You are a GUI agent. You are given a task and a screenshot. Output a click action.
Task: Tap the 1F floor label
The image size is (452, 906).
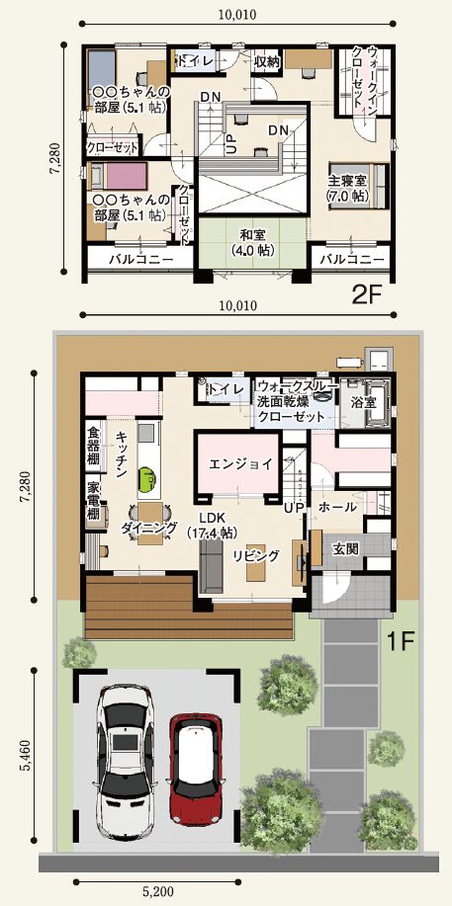click(x=400, y=641)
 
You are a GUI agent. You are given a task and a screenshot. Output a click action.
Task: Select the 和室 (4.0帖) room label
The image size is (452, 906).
click(x=253, y=243)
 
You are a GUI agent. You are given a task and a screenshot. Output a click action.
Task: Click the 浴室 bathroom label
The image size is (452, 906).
click(x=363, y=400)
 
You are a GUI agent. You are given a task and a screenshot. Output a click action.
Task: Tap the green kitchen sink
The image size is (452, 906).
click(x=146, y=478)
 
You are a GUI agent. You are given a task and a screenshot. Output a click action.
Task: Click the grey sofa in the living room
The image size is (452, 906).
click(x=211, y=563)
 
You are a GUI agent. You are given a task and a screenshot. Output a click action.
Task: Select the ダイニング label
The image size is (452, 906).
click(x=149, y=527)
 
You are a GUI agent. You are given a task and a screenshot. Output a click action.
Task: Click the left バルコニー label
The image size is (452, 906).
click(x=141, y=260)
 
